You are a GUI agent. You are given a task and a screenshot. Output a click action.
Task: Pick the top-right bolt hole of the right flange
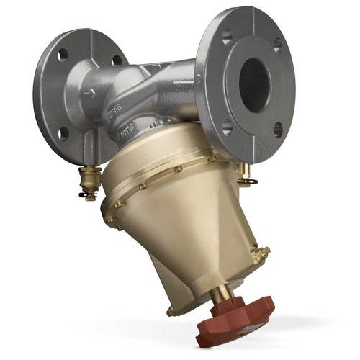point(277,45)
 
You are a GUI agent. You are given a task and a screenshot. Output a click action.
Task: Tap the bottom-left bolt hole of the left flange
point(63,132)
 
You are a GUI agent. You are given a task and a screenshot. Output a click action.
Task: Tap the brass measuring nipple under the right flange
point(244,170)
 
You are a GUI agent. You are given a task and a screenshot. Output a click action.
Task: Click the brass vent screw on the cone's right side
point(261,253)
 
